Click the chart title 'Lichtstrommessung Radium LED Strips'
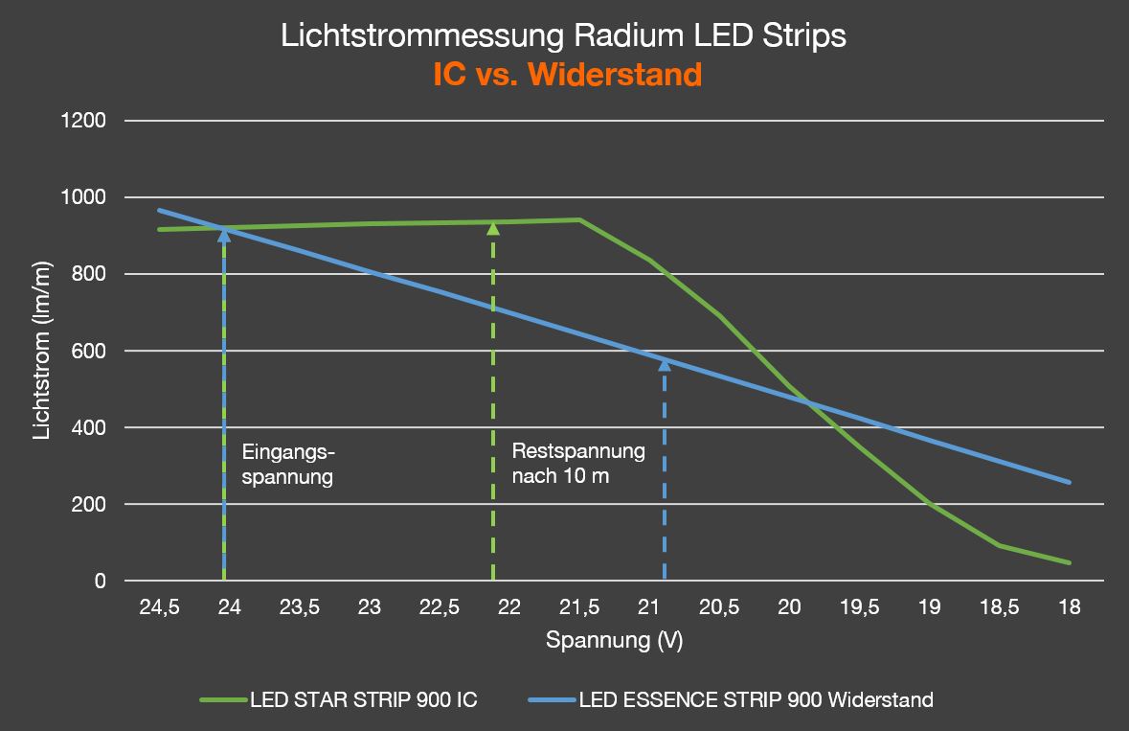564,36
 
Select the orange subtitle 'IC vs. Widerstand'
567,75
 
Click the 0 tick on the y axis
100,581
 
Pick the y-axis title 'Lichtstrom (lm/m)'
41,351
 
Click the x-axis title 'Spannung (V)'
614,640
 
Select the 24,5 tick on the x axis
159,606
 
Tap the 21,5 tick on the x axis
578,606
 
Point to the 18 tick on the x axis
1069,606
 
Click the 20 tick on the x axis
789,606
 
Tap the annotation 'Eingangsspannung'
288,464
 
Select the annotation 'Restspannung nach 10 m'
578,464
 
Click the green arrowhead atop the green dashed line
493,227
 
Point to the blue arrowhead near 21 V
665,364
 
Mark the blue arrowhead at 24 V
224,234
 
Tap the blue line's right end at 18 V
1069,482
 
